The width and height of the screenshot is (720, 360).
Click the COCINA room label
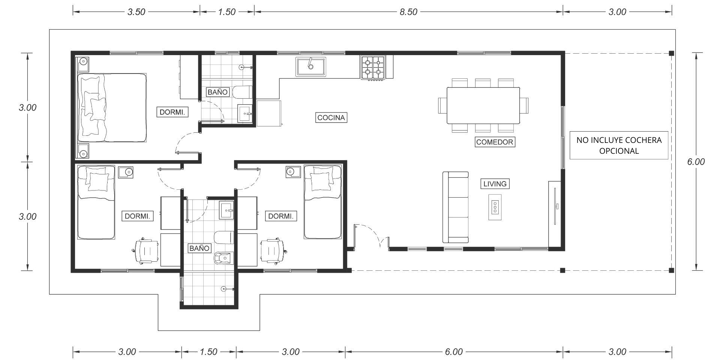[x=331, y=117]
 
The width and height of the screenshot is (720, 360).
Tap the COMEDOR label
[x=495, y=142]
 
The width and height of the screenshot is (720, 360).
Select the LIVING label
[x=495, y=184]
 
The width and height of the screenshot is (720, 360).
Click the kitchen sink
[x=310, y=67]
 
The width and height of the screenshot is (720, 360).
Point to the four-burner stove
[x=373, y=67]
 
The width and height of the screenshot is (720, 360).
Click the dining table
[x=483, y=105]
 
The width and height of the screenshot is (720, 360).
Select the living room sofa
[x=456, y=207]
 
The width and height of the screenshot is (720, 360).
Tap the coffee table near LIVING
[x=495, y=207]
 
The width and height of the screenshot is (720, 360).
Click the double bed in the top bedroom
[x=112, y=108]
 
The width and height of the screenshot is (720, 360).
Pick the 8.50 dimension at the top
[x=408, y=12]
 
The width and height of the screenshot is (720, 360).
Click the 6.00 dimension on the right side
[x=696, y=162]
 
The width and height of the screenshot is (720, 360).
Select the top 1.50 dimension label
[x=227, y=12]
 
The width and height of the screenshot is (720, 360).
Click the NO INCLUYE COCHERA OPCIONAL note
[x=619, y=145]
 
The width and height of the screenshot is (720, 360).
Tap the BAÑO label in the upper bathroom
[x=217, y=92]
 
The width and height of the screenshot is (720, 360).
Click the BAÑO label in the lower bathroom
[x=199, y=248]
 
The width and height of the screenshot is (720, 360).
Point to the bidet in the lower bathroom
[x=223, y=258]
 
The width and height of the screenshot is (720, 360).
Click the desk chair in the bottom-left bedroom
[x=146, y=250]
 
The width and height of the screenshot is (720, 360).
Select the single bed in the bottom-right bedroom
[x=322, y=202]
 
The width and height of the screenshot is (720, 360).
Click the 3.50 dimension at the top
[x=136, y=12]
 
